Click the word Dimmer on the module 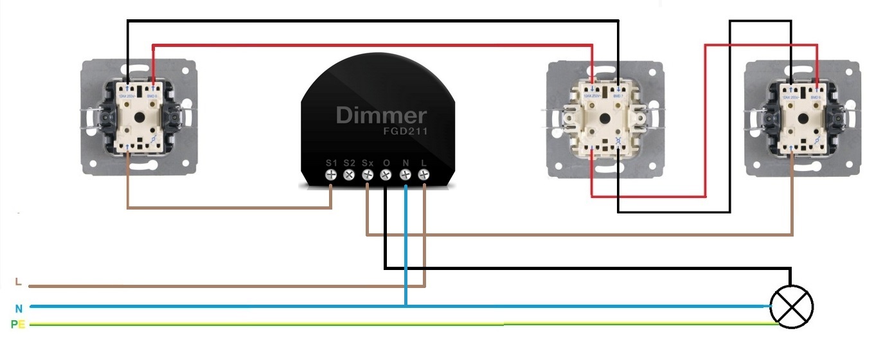(381, 116)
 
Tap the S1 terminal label (331, 163)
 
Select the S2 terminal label (349, 163)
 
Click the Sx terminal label (368, 163)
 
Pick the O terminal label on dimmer (386, 163)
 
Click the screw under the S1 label (331, 175)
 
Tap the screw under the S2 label (350, 175)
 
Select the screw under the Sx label (368, 175)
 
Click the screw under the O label (386, 175)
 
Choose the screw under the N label (405, 175)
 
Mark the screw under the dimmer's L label (424, 175)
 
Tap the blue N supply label (19, 308)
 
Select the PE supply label (17, 325)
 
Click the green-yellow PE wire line (386, 325)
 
